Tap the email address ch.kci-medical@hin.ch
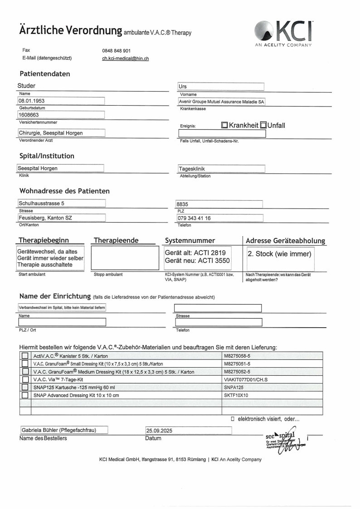click(x=126, y=58)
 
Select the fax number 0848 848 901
click(x=117, y=51)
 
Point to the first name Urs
click(x=183, y=87)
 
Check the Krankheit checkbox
click(x=224, y=126)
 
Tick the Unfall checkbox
click(x=263, y=126)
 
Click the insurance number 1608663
click(x=29, y=115)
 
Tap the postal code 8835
click(x=183, y=204)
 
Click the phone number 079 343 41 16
click(x=195, y=218)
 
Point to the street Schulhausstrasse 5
click(x=41, y=204)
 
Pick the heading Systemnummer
click(x=190, y=240)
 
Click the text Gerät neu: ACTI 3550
click(x=197, y=261)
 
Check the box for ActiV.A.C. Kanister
click(x=25, y=356)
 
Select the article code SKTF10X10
click(x=236, y=395)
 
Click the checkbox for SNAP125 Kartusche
click(x=25, y=388)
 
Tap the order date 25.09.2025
click(x=159, y=431)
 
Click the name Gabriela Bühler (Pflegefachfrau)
click(x=58, y=430)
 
